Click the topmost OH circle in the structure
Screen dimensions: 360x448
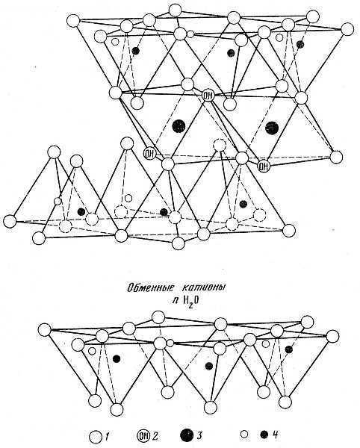208,96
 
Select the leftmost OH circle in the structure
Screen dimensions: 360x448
149,155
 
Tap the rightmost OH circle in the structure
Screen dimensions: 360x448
264,166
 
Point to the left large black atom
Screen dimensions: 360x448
179,126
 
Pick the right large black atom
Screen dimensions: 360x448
271,128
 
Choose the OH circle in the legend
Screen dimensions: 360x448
143,436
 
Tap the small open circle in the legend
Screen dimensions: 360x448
243,435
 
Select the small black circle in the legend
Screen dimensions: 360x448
264,435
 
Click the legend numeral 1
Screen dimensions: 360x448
107,436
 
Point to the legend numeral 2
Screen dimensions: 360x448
155,436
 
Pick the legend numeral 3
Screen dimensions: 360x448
199,436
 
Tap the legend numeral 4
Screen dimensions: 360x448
275,435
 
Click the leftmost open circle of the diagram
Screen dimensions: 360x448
10,222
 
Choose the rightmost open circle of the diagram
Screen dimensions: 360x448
347,29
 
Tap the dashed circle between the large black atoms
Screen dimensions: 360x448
220,145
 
